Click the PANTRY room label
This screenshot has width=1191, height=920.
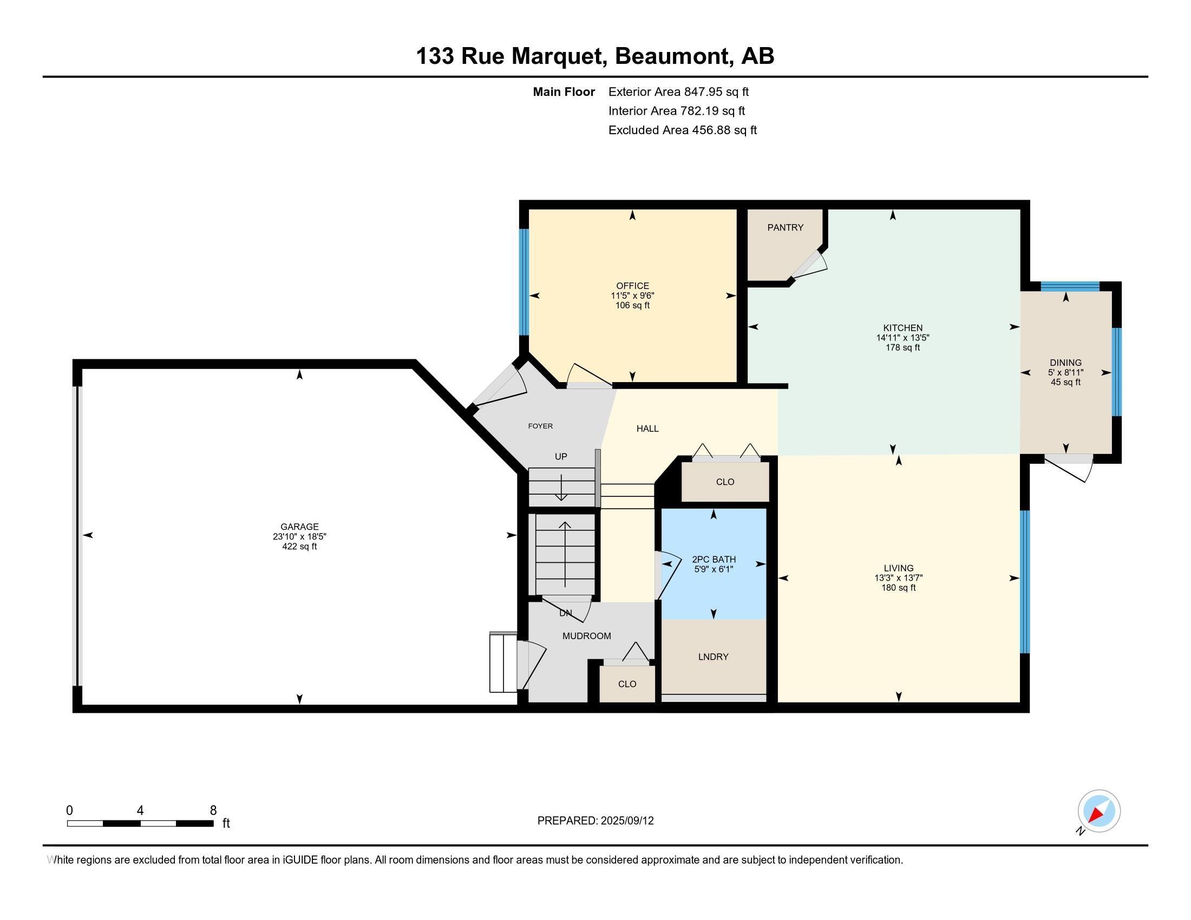[785, 228]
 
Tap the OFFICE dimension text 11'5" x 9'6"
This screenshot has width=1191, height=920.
[632, 295]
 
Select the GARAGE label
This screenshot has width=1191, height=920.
[299, 527]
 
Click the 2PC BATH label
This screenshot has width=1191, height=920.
[714, 559]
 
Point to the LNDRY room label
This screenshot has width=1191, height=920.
[713, 657]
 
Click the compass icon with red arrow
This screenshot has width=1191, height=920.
[1098, 811]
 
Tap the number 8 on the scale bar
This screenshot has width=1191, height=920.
[213, 811]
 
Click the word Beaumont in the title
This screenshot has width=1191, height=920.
[673, 56]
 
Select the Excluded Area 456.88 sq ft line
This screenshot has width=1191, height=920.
[682, 130]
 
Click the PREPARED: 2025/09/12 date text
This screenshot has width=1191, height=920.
[595, 821]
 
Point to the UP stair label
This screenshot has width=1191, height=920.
[561, 457]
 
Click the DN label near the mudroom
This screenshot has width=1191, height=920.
[566, 613]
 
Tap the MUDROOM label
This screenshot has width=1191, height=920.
[586, 636]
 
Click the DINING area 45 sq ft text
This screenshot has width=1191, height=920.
[1065, 382]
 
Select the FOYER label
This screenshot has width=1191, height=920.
[540, 426]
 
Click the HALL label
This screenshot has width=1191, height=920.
[647, 429]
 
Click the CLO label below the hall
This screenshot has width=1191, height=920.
[725, 482]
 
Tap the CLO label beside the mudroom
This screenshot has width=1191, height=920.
[627, 684]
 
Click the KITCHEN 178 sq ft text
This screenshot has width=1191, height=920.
[902, 347]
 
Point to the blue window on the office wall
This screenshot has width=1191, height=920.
[523, 282]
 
